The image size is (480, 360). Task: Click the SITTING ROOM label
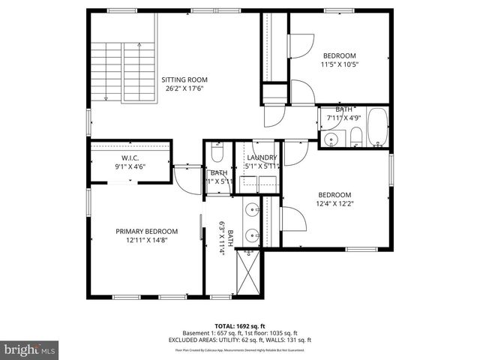[184, 79]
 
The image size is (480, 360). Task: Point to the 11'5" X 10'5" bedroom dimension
[340, 64]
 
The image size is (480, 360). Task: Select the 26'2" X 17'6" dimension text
[184, 88]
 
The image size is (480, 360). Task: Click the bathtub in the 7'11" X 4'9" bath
[377, 127]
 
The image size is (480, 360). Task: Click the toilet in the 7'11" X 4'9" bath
[355, 136]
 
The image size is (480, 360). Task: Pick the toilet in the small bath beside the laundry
[217, 154]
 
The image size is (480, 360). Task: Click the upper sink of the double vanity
[253, 209]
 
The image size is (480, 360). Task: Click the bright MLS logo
[30, 349]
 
